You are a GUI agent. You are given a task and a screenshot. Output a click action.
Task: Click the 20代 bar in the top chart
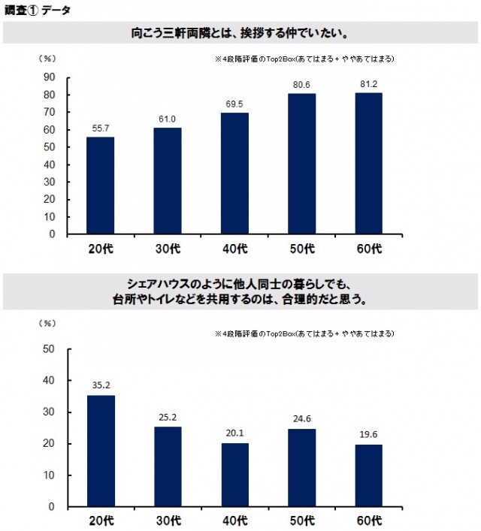pyautogui.click(x=101, y=186)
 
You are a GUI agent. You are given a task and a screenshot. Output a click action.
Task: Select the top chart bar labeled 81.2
pyautogui.click(x=368, y=163)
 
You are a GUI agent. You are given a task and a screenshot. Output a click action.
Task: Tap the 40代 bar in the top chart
pyautogui.click(x=234, y=173)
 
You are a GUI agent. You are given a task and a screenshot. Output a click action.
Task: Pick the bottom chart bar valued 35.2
pyautogui.click(x=101, y=451)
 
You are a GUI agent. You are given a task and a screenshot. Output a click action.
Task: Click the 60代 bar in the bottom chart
pyautogui.click(x=368, y=475)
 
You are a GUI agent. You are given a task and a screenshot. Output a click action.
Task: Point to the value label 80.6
pyautogui.click(x=301, y=85)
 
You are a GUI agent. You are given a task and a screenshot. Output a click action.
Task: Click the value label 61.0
pyautogui.click(x=168, y=119)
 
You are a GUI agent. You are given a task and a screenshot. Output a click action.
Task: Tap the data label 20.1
pyautogui.click(x=234, y=434)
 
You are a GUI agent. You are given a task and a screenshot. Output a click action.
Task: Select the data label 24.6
pyautogui.click(x=301, y=420)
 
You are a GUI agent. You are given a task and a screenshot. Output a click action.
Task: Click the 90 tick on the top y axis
pyautogui.click(x=50, y=77)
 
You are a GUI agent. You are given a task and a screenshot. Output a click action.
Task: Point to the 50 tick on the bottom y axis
pyautogui.click(x=50, y=349)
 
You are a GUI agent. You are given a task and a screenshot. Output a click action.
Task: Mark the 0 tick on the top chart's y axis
pyautogui.click(x=53, y=234)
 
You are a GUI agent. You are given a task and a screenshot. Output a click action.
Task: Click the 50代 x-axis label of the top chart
pyautogui.click(x=301, y=249)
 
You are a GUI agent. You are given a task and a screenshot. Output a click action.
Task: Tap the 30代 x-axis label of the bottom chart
pyautogui.click(x=168, y=521)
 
